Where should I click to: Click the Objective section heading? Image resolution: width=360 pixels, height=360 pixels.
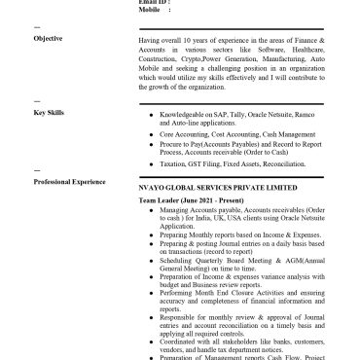[x=48, y=38]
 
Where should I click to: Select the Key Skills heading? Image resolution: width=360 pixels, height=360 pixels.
[x=49, y=113]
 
